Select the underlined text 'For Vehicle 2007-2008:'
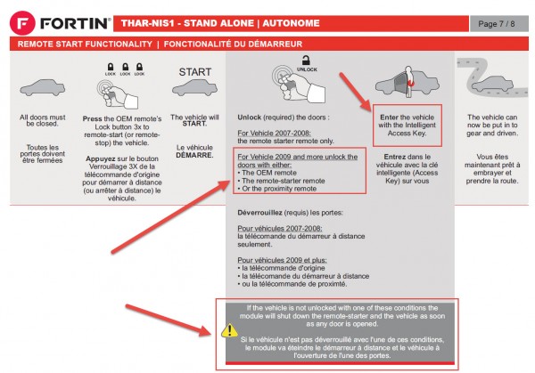point(273,134)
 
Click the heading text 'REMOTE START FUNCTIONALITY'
point(84,43)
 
